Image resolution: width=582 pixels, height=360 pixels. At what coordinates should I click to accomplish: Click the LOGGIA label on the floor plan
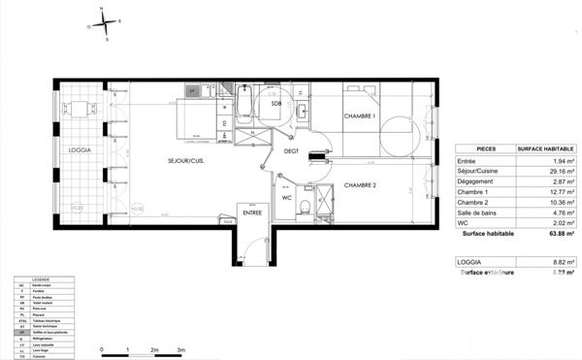(x=80, y=150)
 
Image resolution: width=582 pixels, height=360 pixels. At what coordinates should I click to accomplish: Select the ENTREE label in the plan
(x=252, y=213)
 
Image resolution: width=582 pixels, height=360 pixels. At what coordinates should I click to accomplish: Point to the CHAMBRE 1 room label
(x=361, y=116)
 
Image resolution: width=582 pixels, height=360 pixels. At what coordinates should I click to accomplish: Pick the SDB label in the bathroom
(x=277, y=104)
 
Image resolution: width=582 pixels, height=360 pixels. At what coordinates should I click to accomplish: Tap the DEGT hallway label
(x=291, y=151)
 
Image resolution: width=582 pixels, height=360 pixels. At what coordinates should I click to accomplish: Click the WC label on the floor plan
(x=287, y=197)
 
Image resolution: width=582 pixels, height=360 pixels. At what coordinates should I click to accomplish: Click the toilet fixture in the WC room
(x=306, y=206)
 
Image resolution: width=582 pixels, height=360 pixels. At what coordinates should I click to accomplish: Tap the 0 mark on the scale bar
(x=102, y=348)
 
